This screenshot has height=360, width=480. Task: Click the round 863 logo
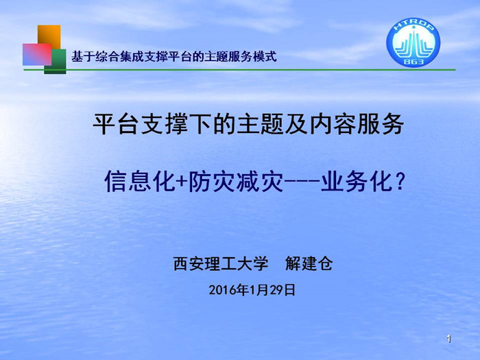413,43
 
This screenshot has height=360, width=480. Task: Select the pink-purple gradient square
37,54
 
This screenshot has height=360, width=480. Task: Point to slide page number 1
448,339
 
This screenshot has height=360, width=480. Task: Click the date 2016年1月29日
252,289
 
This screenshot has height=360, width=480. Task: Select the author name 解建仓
309,263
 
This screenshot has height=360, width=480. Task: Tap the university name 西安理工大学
221,263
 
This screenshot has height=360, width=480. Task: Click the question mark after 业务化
400,182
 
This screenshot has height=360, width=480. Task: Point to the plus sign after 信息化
182,182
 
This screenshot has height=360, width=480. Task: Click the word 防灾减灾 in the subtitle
235,182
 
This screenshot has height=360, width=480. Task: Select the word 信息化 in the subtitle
140,182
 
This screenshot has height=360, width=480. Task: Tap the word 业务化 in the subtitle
357,182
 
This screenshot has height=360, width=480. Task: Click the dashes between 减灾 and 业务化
302,182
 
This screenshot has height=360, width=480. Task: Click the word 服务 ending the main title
381,124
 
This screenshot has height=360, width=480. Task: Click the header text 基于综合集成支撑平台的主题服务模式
174,57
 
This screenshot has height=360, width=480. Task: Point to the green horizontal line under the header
240,70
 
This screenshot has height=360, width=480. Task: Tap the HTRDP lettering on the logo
413,27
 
